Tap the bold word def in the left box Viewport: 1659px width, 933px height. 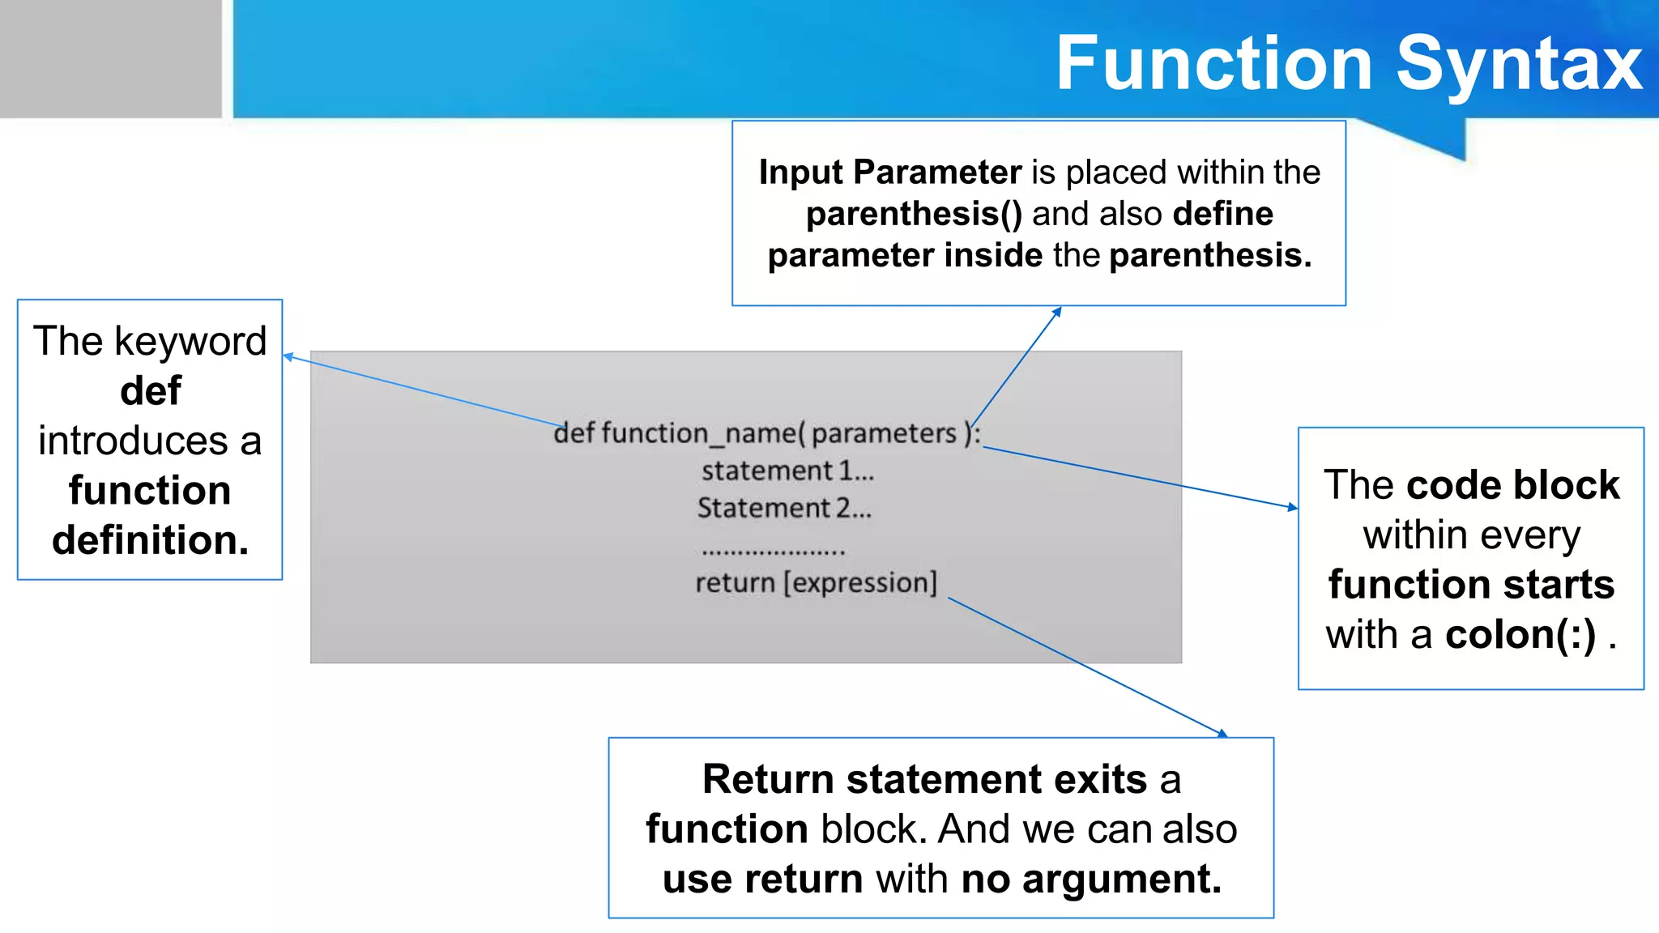pos(151,390)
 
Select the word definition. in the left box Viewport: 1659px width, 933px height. pos(151,540)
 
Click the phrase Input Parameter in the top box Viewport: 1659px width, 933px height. pos(889,173)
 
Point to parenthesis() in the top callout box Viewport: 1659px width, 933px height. pos(914,215)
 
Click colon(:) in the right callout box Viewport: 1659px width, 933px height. pos(1520,634)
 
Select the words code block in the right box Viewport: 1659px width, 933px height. pos(1512,485)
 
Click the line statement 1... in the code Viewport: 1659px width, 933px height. pos(787,471)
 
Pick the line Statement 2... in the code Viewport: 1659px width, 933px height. pos(784,509)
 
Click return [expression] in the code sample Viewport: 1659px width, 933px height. pos(816,583)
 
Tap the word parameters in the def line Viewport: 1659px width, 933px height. pos(884,434)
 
